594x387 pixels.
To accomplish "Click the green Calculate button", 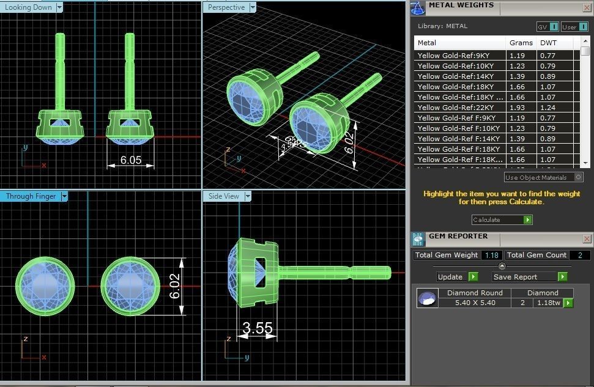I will (527, 219).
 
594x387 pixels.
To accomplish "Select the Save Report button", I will (530, 277).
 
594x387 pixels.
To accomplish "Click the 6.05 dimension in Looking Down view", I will (131, 160).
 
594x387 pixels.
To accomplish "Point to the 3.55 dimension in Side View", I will (258, 328).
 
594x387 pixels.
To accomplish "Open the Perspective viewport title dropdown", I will (252, 7).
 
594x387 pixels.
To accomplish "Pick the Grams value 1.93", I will (517, 108).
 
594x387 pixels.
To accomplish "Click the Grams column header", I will (521, 43).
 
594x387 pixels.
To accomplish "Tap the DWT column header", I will (548, 43).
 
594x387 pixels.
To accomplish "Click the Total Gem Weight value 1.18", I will (491, 255).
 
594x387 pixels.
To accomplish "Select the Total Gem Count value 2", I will (579, 255).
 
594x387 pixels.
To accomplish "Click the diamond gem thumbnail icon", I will (428, 298).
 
